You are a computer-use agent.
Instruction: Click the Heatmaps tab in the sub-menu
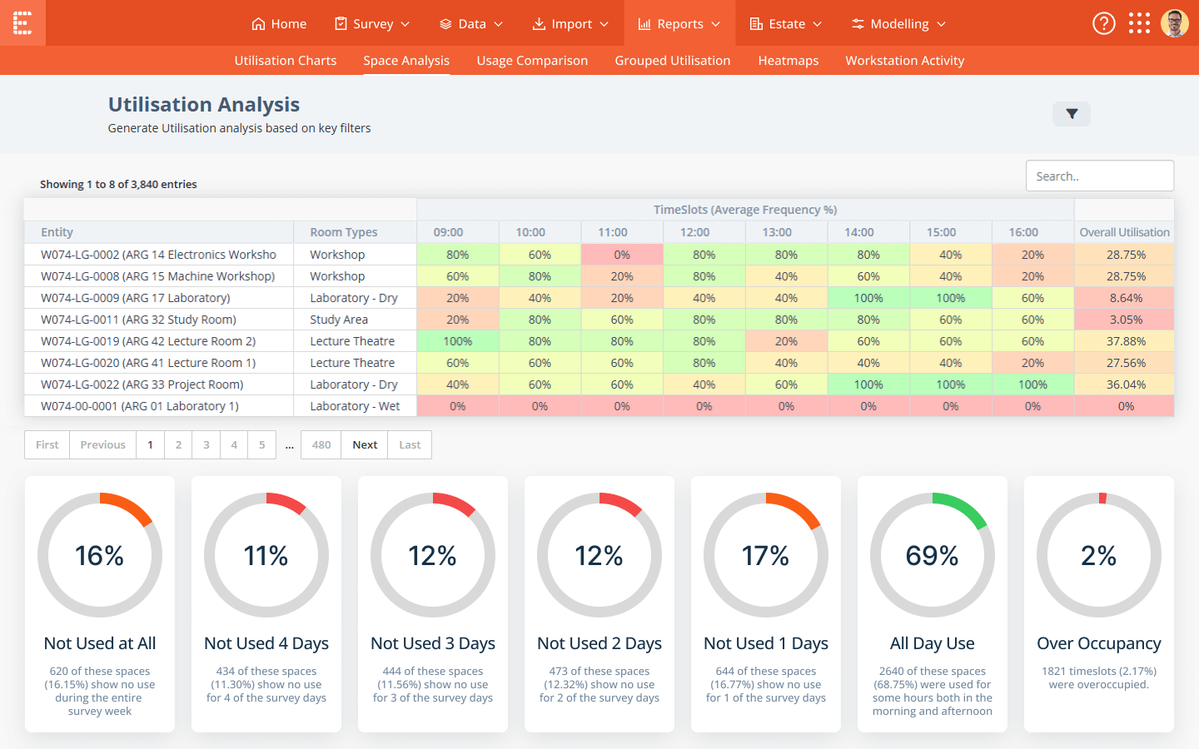pos(788,61)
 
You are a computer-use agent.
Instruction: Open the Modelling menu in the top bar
pos(898,24)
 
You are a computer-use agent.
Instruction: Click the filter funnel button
pos(1072,114)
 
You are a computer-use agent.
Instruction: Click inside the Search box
pos(1099,176)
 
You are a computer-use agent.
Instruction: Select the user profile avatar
pos(1174,23)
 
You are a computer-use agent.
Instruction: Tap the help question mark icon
pos(1103,23)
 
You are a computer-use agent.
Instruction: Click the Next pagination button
pos(365,445)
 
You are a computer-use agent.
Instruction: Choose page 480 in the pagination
pos(321,445)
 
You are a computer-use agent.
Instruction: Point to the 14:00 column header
pos(859,232)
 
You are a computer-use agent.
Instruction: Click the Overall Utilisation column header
pos(1124,232)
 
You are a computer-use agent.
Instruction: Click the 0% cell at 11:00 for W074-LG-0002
pos(622,255)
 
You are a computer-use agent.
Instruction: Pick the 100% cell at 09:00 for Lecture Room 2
pos(458,341)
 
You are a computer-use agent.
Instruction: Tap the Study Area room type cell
pos(339,320)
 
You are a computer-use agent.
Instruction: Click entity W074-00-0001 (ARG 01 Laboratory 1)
pos(140,406)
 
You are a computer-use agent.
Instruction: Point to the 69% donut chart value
pos(932,556)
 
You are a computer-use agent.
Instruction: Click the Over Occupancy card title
pos(1098,643)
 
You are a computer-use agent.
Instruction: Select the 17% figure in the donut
pos(765,556)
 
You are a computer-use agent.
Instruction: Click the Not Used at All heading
pos(100,643)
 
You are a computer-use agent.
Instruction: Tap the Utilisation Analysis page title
pos(204,105)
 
